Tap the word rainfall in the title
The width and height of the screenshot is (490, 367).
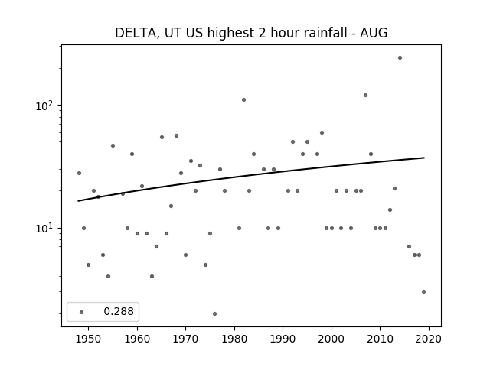point(328,32)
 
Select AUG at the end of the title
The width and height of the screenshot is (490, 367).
point(374,33)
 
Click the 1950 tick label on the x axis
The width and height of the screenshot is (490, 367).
point(89,339)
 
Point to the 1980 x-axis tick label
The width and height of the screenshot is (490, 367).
point(234,339)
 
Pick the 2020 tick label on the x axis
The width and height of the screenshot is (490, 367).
point(429,339)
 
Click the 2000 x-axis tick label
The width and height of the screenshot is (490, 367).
point(332,339)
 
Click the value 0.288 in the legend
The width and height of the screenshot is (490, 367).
point(119,311)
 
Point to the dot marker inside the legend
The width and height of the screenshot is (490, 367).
point(82,312)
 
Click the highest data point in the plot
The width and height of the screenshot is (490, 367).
point(400,58)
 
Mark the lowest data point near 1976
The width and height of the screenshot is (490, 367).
point(214,313)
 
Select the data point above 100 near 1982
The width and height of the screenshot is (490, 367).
point(243,100)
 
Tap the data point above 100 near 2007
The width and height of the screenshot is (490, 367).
point(366,95)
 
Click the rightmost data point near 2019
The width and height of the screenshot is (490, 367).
point(423,291)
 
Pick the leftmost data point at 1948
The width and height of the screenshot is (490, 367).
point(79,174)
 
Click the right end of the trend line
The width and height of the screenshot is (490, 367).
point(424,158)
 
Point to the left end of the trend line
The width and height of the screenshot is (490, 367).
point(78,200)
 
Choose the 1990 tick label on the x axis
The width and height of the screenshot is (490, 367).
point(283,339)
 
